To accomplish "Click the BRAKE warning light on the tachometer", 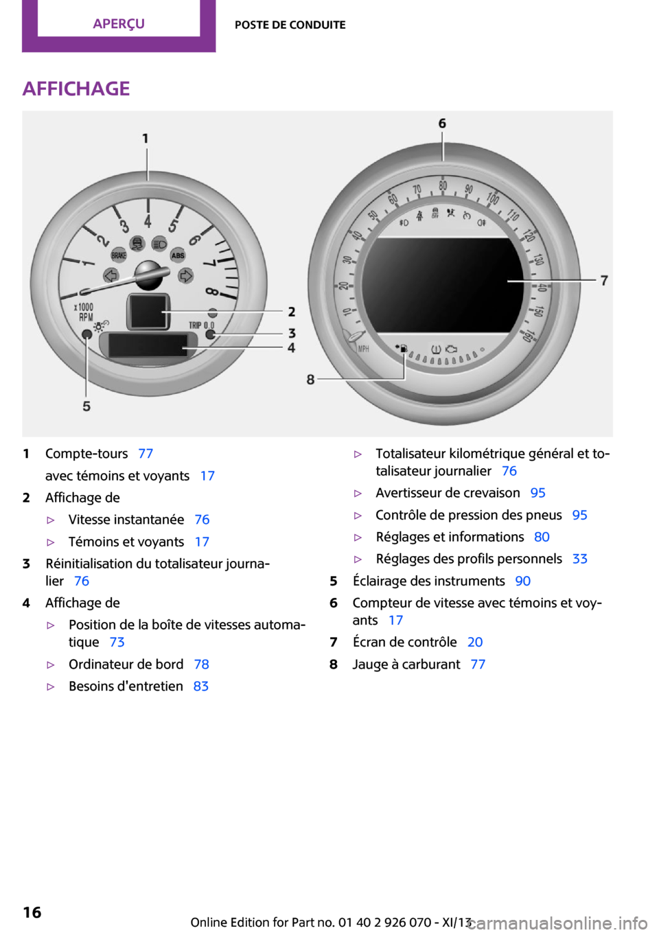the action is pos(119,255).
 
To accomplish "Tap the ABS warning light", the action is pos(178,255).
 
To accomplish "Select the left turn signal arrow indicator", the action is pos(111,275).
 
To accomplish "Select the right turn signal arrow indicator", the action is pos(185,275).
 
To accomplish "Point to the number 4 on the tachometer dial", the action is pos(148,221).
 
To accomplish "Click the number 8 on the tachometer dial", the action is pos(212,292).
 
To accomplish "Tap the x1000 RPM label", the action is pos(84,312).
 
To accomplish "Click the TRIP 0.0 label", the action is pos(202,325).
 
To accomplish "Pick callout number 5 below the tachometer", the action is pos(86,406).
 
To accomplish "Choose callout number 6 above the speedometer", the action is pos(442,123).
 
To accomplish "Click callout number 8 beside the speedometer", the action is pos(310,380).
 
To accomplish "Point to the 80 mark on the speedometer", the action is pos(443,185).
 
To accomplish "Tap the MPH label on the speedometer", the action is pos(364,349).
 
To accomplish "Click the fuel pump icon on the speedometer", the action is pos(402,347).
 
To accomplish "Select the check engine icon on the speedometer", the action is pos(451,348).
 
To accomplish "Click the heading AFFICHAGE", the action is pos(76,89).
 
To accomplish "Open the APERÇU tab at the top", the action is pos(119,24).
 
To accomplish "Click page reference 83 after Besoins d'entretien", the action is pos(200,686).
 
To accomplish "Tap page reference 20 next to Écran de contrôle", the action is pos(475,642).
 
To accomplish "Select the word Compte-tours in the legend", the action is pos(86,453).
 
